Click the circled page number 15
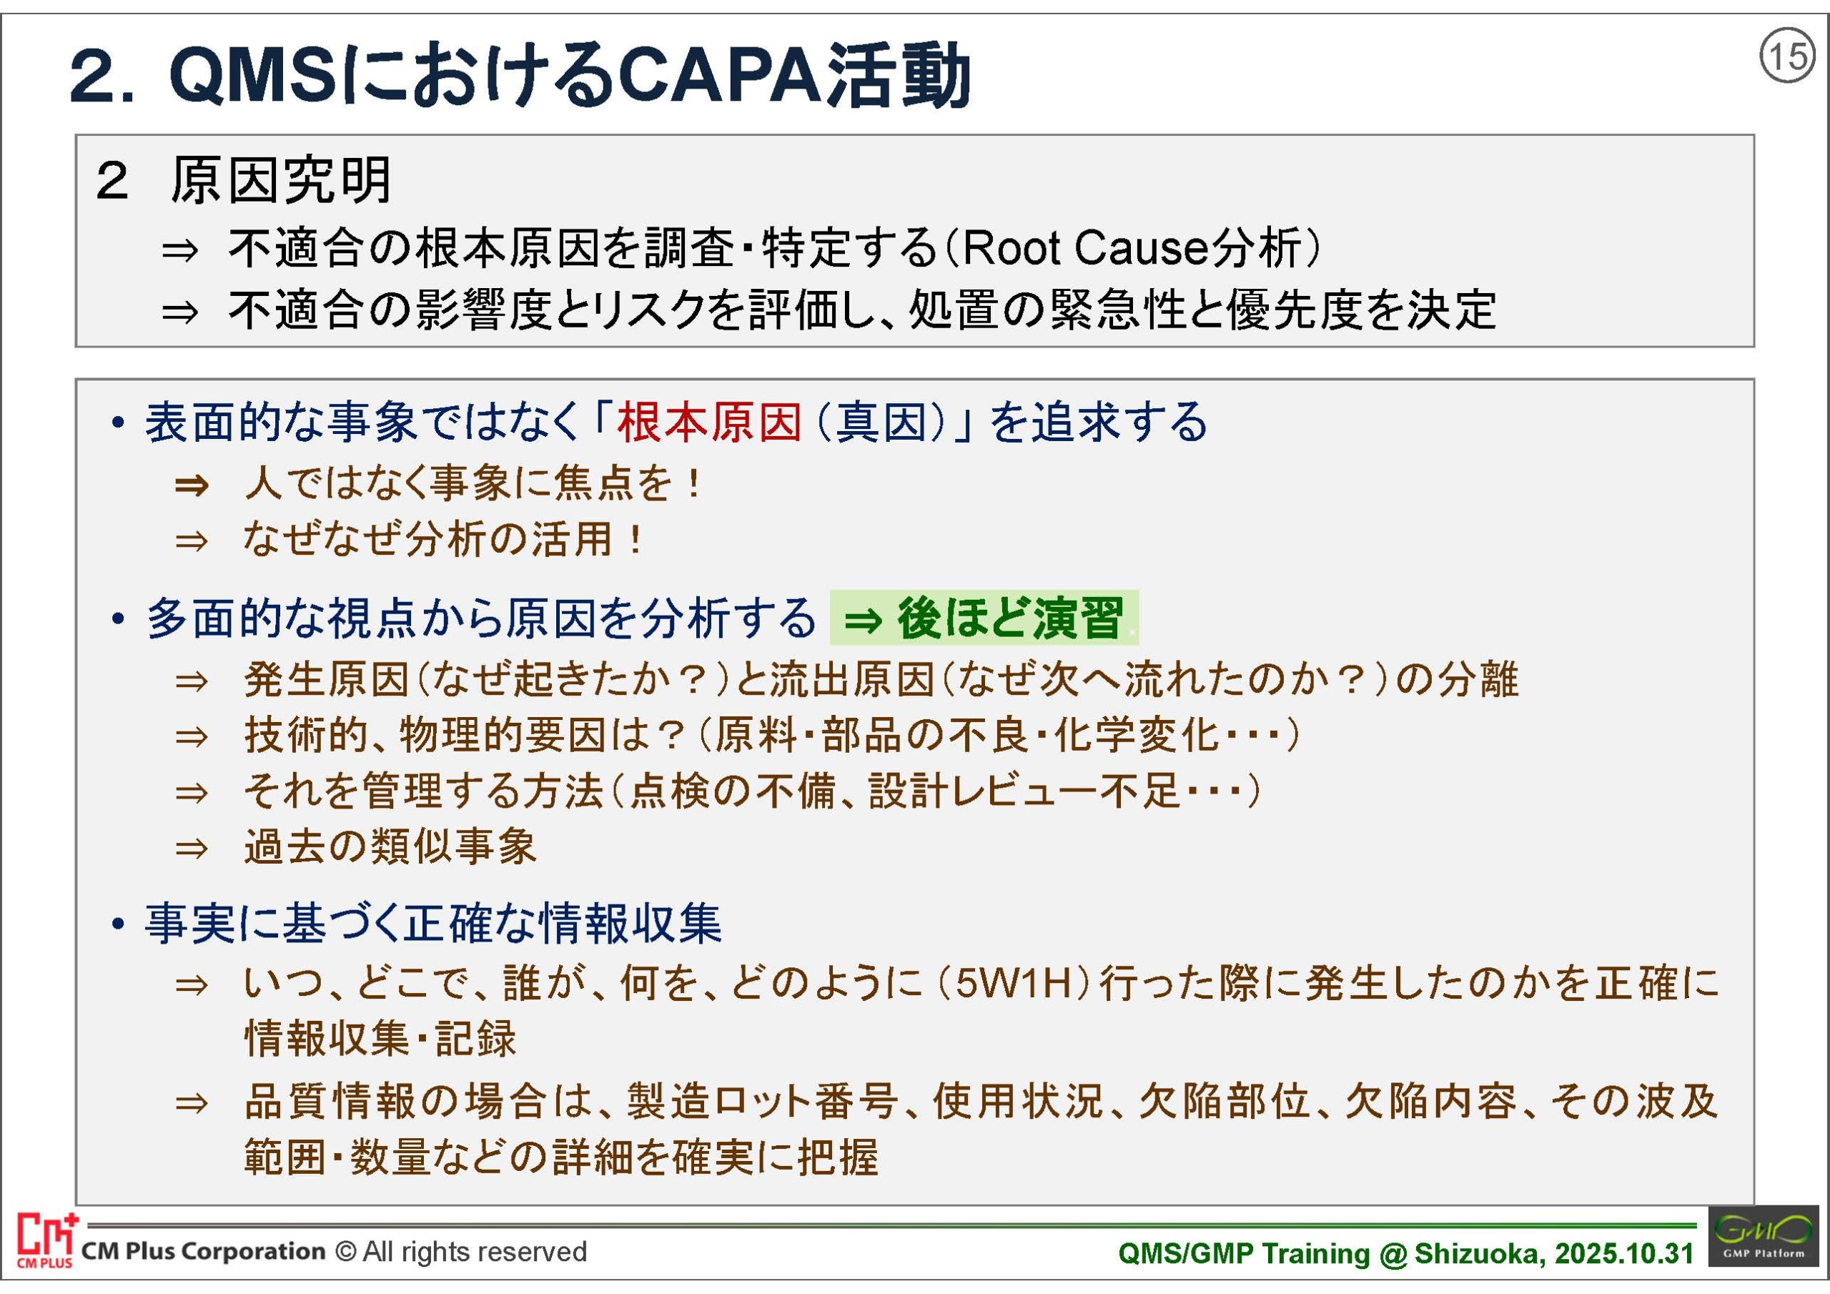pyautogui.click(x=1788, y=56)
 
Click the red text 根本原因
pyautogui.click(x=709, y=422)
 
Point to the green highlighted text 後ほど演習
pyautogui.click(x=1011, y=618)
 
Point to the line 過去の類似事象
pyautogui.click(x=390, y=846)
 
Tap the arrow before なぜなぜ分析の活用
pyautogui.click(x=192, y=541)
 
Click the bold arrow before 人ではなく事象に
pyautogui.click(x=192, y=485)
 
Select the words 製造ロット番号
pyautogui.click(x=761, y=1102)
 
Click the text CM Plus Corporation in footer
pyautogui.click(x=204, y=1252)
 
